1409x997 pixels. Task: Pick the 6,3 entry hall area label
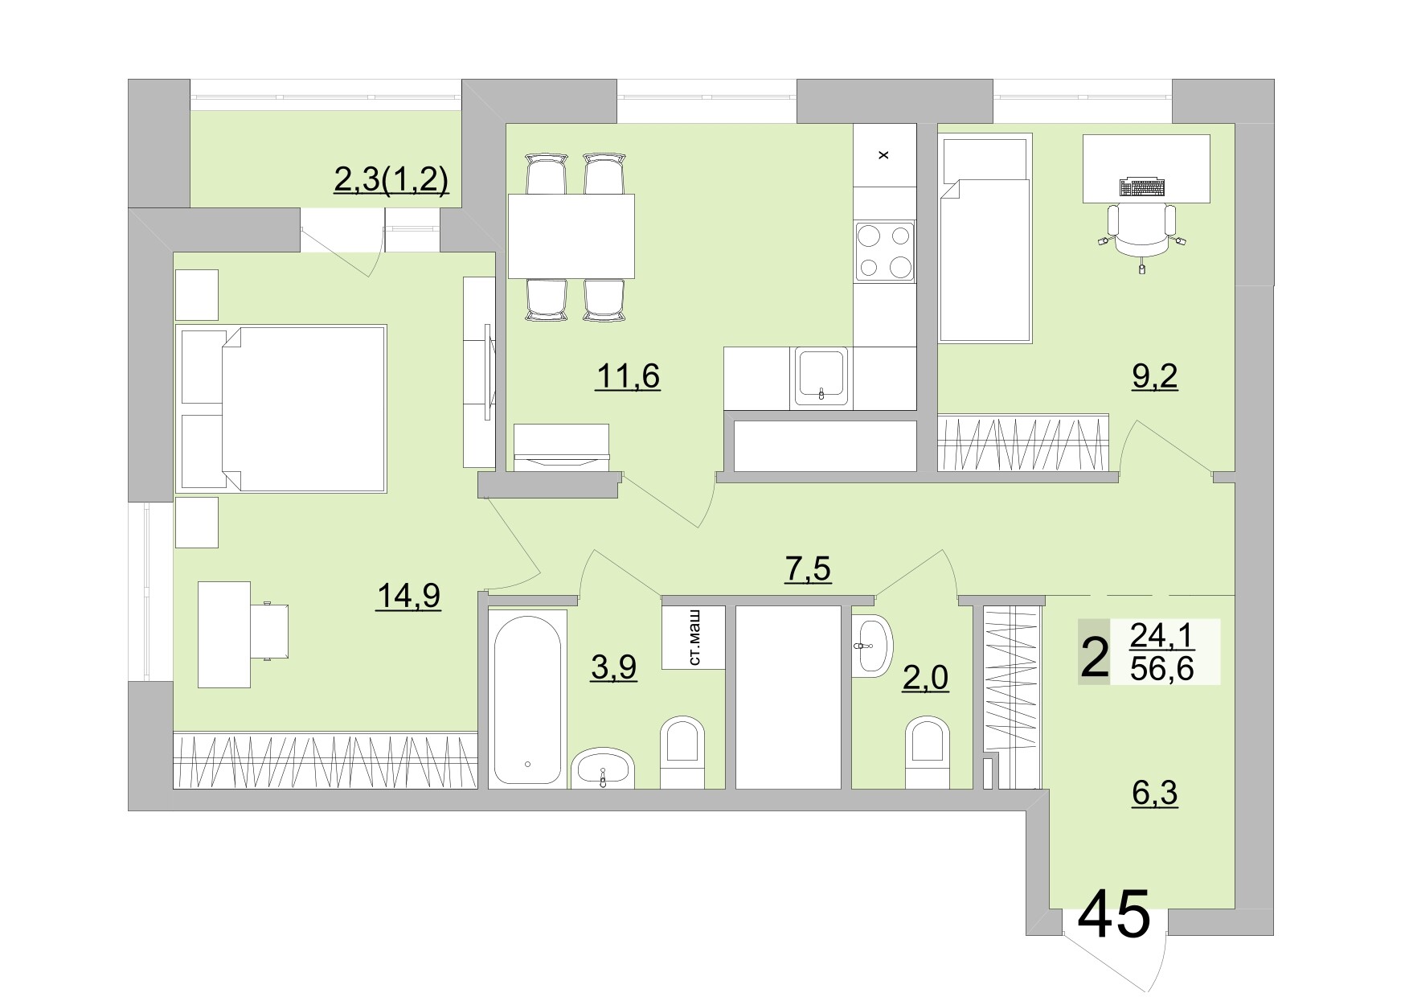pyautogui.click(x=1154, y=794)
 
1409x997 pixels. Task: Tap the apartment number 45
pyautogui.click(x=1113, y=915)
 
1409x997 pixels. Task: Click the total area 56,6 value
pyautogui.click(x=1161, y=667)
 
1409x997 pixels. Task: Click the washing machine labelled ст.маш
pyautogui.click(x=694, y=638)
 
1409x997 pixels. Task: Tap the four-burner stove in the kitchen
pyautogui.click(x=884, y=251)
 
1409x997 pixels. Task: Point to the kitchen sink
pyautogui.click(x=821, y=375)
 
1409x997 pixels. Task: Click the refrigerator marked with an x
pyautogui.click(x=884, y=155)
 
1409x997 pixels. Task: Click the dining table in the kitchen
pyautogui.click(x=571, y=236)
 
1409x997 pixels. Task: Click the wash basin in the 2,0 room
pyautogui.click(x=872, y=645)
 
